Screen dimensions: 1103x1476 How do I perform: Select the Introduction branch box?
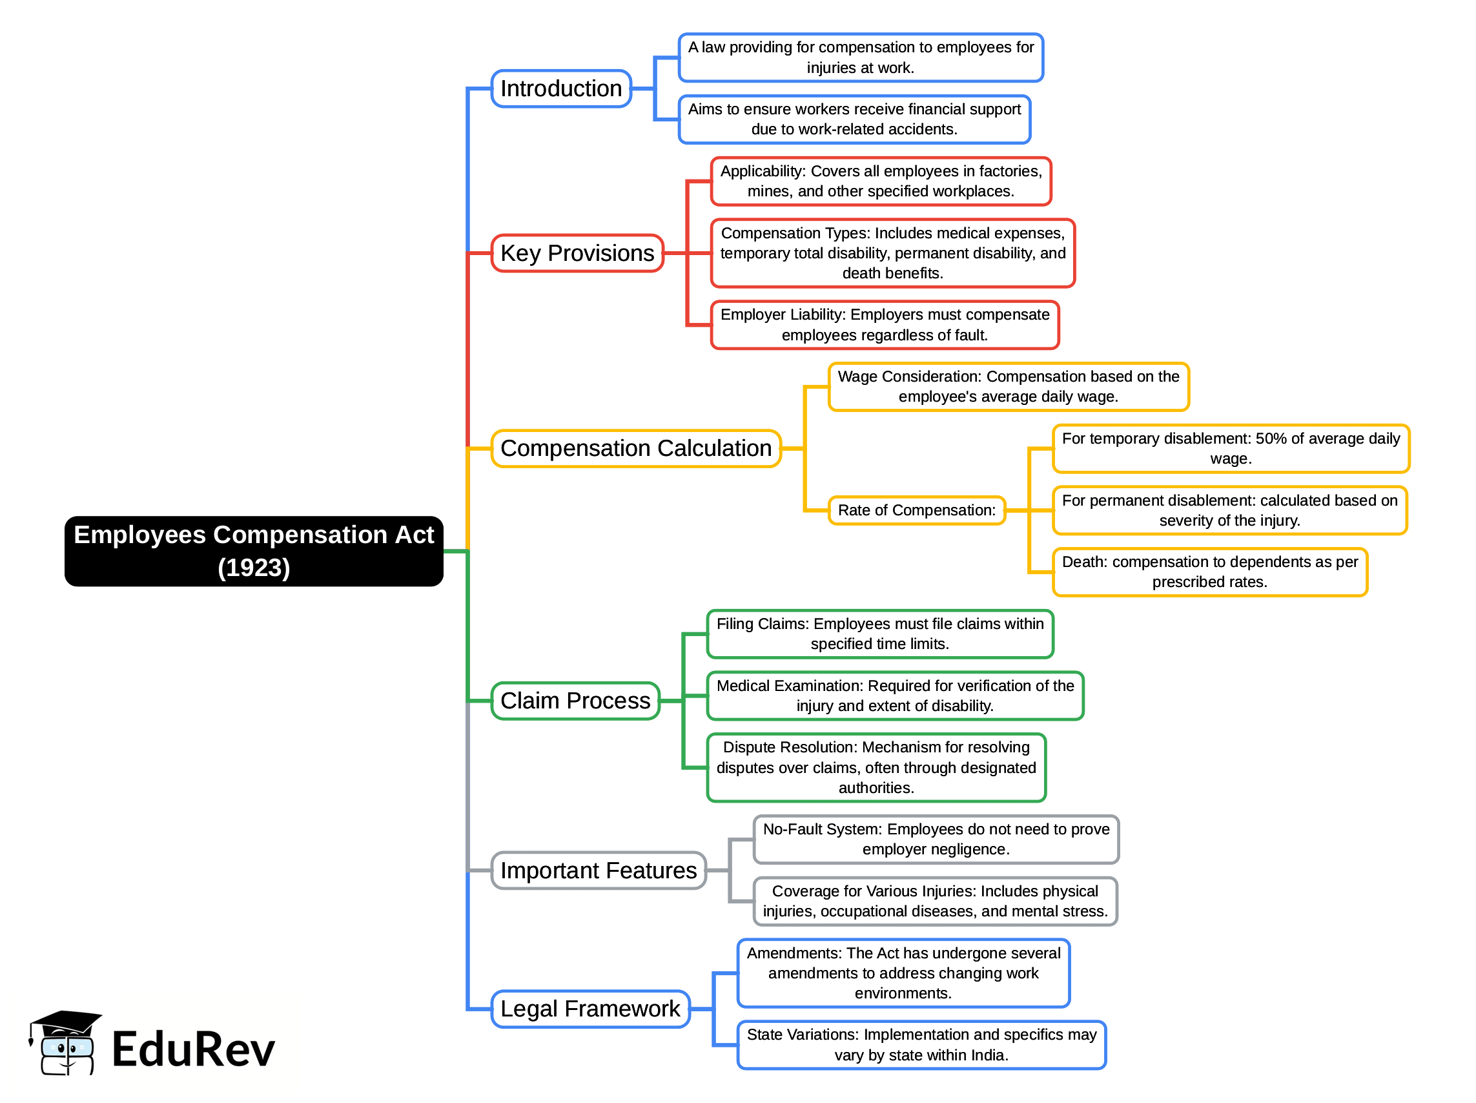click(x=560, y=88)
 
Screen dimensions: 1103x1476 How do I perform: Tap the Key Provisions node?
click(x=577, y=253)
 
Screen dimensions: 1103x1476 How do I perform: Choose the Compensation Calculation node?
click(x=635, y=448)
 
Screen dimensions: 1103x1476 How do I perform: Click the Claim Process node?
click(x=575, y=701)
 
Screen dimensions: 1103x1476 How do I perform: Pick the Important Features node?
click(x=598, y=870)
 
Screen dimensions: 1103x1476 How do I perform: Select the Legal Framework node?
click(x=590, y=1008)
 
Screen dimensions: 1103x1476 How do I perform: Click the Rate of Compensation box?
click(x=916, y=510)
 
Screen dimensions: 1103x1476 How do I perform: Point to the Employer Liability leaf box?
click(x=884, y=325)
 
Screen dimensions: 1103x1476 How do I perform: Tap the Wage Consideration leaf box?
click(x=1008, y=386)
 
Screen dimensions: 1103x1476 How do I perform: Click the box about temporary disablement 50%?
click(x=1231, y=448)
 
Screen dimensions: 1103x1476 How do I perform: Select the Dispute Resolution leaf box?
click(x=876, y=767)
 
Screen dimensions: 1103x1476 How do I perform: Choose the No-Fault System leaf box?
click(x=936, y=839)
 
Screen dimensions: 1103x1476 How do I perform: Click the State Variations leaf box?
click(x=921, y=1044)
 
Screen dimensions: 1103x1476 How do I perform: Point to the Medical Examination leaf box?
click(x=895, y=696)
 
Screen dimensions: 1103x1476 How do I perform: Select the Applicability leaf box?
click(x=880, y=181)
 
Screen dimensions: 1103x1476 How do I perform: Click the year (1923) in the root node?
click(x=254, y=568)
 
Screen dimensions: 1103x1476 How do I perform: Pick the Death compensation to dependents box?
click(x=1209, y=572)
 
